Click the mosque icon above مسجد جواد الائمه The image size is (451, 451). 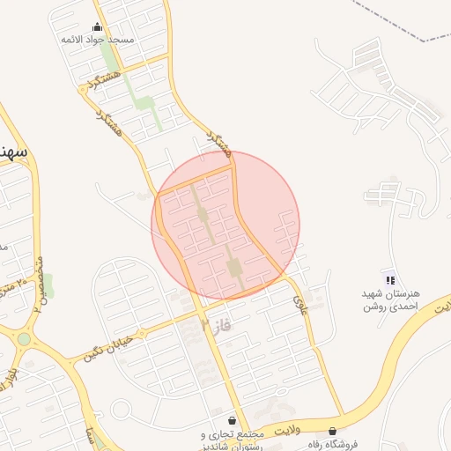click(x=97, y=26)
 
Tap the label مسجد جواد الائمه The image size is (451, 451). click(x=97, y=41)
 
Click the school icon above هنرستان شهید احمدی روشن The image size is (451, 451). click(x=390, y=279)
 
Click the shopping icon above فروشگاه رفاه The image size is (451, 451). click(x=332, y=432)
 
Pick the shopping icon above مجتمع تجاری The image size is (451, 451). click(x=232, y=421)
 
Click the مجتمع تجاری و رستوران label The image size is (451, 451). click(x=234, y=440)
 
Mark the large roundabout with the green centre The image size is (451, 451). click(x=24, y=338)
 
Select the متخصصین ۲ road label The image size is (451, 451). click(x=38, y=287)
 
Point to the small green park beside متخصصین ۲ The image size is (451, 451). click(x=48, y=284)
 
